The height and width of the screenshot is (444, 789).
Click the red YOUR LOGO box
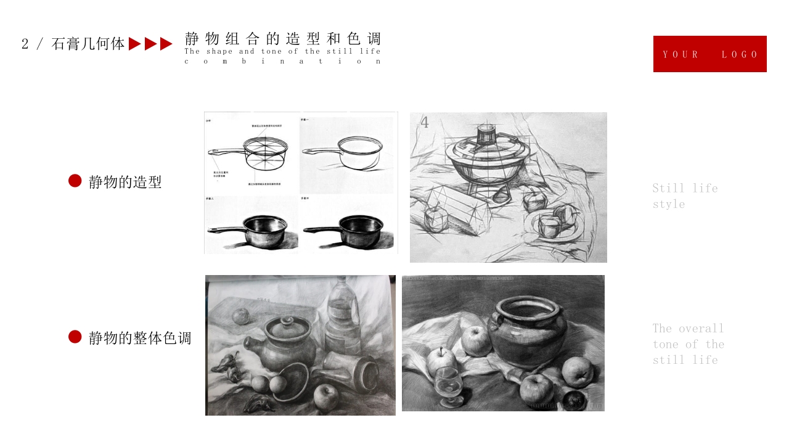coord(709,54)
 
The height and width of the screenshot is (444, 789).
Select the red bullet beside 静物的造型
coord(75,181)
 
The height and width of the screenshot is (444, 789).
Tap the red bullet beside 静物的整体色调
coord(75,337)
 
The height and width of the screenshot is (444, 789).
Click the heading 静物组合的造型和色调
coord(283,39)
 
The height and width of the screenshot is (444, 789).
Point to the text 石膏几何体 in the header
coord(88,44)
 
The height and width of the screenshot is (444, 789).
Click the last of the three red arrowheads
coord(166,44)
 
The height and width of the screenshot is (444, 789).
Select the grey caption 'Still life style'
coord(685,195)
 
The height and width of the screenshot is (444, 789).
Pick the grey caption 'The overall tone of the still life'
coord(688,343)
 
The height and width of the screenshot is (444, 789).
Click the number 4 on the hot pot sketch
coord(425,122)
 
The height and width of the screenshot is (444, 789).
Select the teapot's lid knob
coord(286,321)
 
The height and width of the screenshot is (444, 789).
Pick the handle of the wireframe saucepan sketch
coord(226,151)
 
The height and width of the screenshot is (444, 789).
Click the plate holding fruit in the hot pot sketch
coord(552,228)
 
